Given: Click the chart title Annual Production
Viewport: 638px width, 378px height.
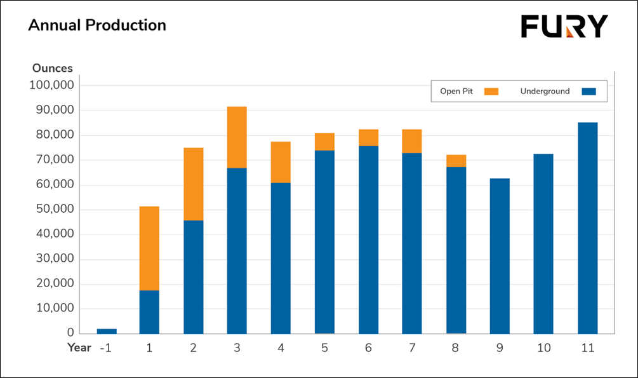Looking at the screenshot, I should pyautogui.click(x=97, y=25).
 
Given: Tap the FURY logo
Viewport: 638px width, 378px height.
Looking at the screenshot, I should pyautogui.click(x=564, y=27).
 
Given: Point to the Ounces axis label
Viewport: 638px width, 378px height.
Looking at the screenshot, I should pyautogui.click(x=53, y=68).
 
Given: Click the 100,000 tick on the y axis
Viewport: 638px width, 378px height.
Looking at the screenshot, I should pyautogui.click(x=52, y=85).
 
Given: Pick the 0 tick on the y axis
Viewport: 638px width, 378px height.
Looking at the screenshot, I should pyautogui.click(x=70, y=333).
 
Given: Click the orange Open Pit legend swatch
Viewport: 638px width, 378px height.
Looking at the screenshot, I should pyautogui.click(x=491, y=91).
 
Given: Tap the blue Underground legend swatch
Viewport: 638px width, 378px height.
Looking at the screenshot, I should pyautogui.click(x=588, y=91).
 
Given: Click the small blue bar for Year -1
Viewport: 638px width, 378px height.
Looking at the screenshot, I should pyautogui.click(x=106, y=331).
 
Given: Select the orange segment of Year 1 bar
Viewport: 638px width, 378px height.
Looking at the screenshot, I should pyautogui.click(x=149, y=248).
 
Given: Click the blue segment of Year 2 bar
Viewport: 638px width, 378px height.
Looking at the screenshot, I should pyautogui.click(x=194, y=276).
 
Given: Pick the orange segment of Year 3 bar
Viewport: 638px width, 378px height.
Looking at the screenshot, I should pyautogui.click(x=237, y=137).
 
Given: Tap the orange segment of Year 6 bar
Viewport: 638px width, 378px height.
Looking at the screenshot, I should pyautogui.click(x=368, y=138).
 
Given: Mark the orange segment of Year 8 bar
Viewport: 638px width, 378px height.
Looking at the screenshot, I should pyautogui.click(x=456, y=161).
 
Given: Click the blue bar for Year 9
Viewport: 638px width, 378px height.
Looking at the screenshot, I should pyautogui.click(x=500, y=255).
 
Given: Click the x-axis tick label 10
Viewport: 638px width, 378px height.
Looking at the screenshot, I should pyautogui.click(x=543, y=348).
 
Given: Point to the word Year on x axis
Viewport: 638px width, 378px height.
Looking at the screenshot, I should pyautogui.click(x=79, y=348).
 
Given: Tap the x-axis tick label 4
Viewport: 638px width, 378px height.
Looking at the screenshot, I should pyautogui.click(x=281, y=348).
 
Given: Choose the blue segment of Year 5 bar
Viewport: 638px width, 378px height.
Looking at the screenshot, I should pyautogui.click(x=324, y=241).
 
